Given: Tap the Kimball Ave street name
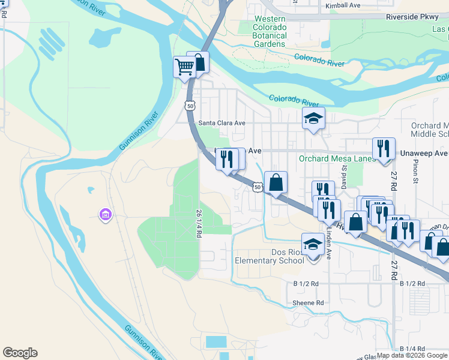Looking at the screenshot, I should pos(343,5).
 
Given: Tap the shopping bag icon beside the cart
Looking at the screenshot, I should pos(199,62).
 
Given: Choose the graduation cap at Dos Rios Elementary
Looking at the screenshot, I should pos(313,244).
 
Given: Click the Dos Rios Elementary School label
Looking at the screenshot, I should pos(270,256).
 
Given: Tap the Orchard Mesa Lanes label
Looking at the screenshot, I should pos(337,159).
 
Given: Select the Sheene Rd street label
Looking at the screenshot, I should pos(308,303).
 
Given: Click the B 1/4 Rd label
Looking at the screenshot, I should pos(412,349).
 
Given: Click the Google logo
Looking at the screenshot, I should pos(20,353).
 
